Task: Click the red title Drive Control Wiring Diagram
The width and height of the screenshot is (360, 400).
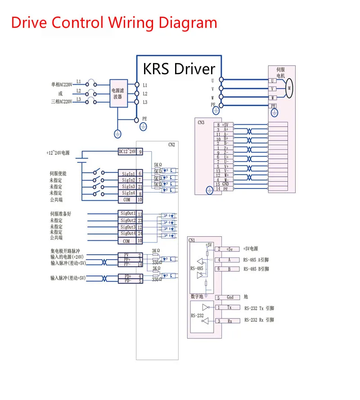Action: (x=114, y=22)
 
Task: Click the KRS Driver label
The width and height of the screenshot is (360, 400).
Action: (x=179, y=69)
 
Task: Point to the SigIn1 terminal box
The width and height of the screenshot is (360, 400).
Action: (x=128, y=173)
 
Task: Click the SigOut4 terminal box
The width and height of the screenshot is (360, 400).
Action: (x=128, y=234)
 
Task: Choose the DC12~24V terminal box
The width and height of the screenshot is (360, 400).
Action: (x=128, y=152)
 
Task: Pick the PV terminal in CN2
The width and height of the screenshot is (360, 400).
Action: (x=126, y=255)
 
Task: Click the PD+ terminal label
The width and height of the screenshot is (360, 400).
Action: (x=126, y=276)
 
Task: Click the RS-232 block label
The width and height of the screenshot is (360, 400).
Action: (x=197, y=315)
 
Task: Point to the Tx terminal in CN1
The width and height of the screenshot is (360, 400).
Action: (x=229, y=307)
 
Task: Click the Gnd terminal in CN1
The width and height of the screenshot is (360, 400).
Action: (x=229, y=297)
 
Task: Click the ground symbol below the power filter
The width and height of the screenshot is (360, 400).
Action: (x=117, y=134)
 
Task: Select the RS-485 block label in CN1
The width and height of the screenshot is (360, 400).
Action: (x=197, y=268)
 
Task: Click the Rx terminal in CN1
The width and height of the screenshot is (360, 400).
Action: (x=229, y=321)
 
